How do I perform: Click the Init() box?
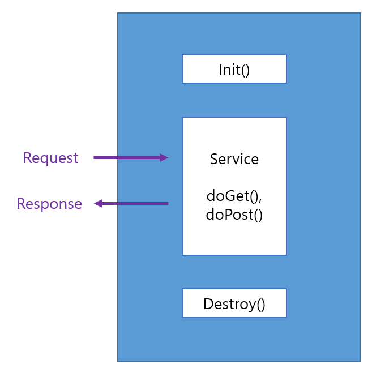(234, 69)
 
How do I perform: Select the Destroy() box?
(234, 303)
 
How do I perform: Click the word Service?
(234, 159)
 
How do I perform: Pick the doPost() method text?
(234, 215)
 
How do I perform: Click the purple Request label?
(50, 158)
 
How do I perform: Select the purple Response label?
(49, 204)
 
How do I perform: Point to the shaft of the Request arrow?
(127, 158)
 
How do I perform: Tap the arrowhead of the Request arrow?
(164, 158)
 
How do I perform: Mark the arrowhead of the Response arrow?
(98, 203)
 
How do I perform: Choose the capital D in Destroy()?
(208, 304)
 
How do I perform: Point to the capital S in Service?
(214, 159)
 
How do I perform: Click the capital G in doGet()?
(228, 196)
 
